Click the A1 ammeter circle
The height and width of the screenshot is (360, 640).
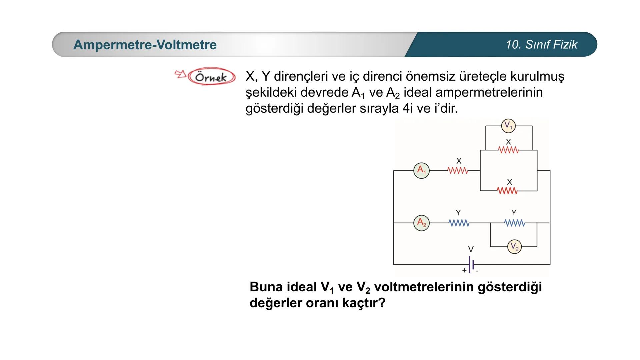point(421,170)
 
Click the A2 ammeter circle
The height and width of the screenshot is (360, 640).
point(421,222)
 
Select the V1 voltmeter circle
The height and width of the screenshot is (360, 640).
point(508,126)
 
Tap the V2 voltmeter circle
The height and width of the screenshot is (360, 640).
point(514,247)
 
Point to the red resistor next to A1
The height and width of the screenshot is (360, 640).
point(458,171)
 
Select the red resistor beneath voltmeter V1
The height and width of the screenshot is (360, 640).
point(508,150)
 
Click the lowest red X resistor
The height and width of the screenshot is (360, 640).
point(507,191)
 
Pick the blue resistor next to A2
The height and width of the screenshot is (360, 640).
point(459,223)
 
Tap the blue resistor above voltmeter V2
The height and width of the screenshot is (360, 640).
point(514,223)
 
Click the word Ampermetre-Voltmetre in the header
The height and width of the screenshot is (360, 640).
point(145,45)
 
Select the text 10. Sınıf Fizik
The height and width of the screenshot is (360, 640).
point(541,45)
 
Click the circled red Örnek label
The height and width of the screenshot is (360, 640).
point(211,77)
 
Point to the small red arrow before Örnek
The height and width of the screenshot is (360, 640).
point(180,74)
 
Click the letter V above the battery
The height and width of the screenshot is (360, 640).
point(471,249)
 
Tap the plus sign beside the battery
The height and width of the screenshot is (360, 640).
point(464,270)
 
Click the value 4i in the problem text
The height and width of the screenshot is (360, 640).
point(407,108)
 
